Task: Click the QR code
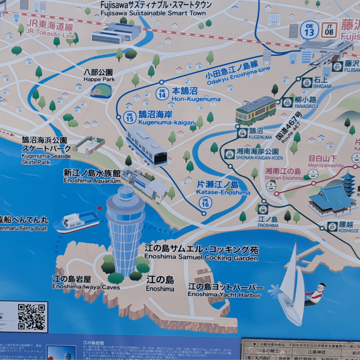(32, 316)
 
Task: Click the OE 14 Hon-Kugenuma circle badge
(162, 94)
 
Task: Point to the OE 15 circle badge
(130, 117)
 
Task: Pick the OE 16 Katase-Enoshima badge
(205, 202)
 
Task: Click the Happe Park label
(99, 76)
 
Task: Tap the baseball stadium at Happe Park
(101, 90)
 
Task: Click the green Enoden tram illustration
(256, 110)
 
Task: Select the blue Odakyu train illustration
(146, 146)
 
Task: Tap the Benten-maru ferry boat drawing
(77, 222)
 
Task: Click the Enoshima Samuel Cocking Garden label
(201, 253)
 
